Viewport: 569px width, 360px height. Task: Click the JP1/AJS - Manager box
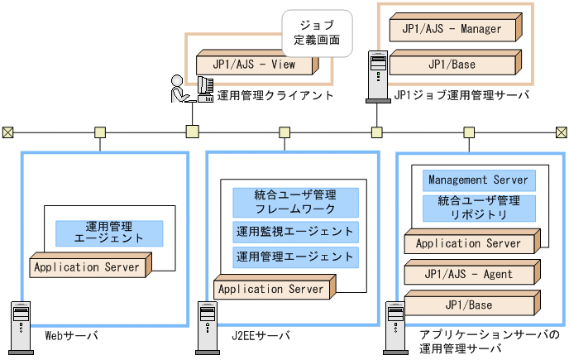[x=452, y=30]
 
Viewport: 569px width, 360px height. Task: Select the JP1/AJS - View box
[x=255, y=64]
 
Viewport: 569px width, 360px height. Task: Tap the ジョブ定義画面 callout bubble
[x=317, y=31]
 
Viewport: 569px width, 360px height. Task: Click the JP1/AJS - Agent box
[x=469, y=275]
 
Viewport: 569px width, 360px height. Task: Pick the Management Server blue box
[x=479, y=180]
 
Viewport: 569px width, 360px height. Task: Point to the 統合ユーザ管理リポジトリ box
[x=479, y=208]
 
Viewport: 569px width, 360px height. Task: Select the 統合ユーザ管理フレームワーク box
[x=295, y=202]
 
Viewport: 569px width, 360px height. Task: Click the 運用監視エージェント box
[x=295, y=232]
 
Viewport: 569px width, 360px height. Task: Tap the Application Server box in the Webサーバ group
[x=87, y=268]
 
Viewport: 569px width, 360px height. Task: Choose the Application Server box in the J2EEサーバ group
[x=272, y=290]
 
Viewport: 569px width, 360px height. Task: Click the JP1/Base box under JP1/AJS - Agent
[x=469, y=305]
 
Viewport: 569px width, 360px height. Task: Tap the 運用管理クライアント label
[x=275, y=96]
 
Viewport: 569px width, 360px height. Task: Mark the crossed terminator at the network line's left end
[x=7, y=132]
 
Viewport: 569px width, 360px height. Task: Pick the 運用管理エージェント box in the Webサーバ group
[x=109, y=233]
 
